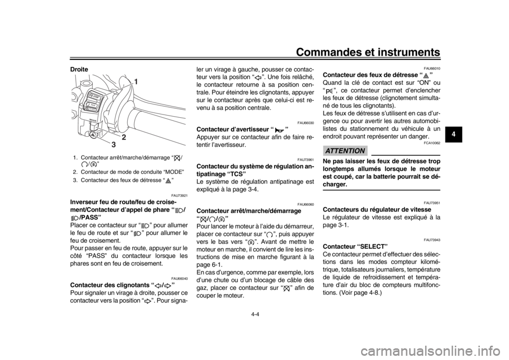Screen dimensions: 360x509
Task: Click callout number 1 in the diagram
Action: coord(136,82)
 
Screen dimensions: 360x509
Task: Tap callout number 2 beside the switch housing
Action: coord(123,137)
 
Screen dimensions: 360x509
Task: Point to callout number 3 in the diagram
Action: coord(112,143)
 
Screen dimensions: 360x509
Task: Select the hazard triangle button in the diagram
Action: coord(93,136)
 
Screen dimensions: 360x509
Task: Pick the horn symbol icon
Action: coord(279,130)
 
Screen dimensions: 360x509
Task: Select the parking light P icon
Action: coord(329,92)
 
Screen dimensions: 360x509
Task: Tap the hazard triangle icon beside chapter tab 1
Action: coord(425,76)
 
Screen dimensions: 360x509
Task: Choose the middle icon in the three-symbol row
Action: coord(212,218)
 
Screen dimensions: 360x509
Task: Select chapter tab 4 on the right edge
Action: coord(452,134)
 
